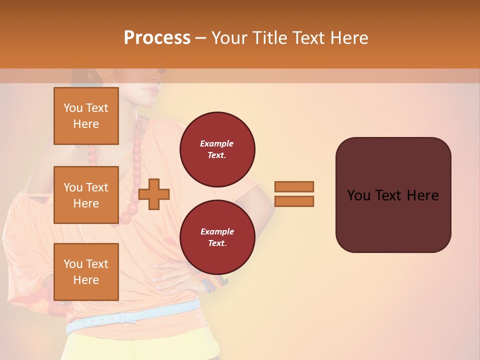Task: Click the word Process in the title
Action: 157,37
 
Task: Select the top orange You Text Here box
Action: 86,116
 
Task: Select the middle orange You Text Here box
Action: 86,195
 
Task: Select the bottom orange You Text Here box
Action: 86,271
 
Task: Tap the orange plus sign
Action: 154,194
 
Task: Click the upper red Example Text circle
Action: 217,149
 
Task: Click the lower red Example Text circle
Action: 217,237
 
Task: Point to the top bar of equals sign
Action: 294,186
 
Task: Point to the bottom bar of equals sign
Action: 294,201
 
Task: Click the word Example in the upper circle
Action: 217,143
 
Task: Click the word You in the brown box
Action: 358,195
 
